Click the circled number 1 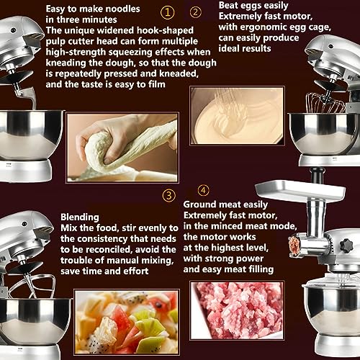(167, 12)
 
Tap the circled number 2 (196, 12)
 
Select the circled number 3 (169, 195)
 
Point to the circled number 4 (204, 190)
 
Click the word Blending (80, 217)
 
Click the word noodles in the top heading (123, 9)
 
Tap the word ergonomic (264, 27)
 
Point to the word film (156, 84)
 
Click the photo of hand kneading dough (122, 148)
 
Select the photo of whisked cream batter (237, 116)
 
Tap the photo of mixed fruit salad (127, 322)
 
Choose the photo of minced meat (237, 310)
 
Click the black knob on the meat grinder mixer (346, 246)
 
